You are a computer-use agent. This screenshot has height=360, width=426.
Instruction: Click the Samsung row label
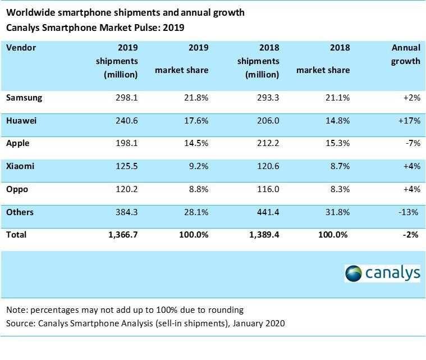point(24,98)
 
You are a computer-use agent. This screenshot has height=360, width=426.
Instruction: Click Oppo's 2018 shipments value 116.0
point(268,189)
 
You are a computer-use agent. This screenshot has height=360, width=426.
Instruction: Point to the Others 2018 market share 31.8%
point(338,212)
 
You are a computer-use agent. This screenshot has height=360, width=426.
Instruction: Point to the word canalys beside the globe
point(393,274)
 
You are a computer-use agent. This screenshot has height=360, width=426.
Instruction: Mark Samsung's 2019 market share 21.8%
point(196,98)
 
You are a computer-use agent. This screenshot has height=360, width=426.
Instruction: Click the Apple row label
point(17,143)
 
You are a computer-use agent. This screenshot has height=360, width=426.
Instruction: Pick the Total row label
point(16,235)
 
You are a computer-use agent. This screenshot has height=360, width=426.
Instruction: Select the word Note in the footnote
point(16,310)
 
